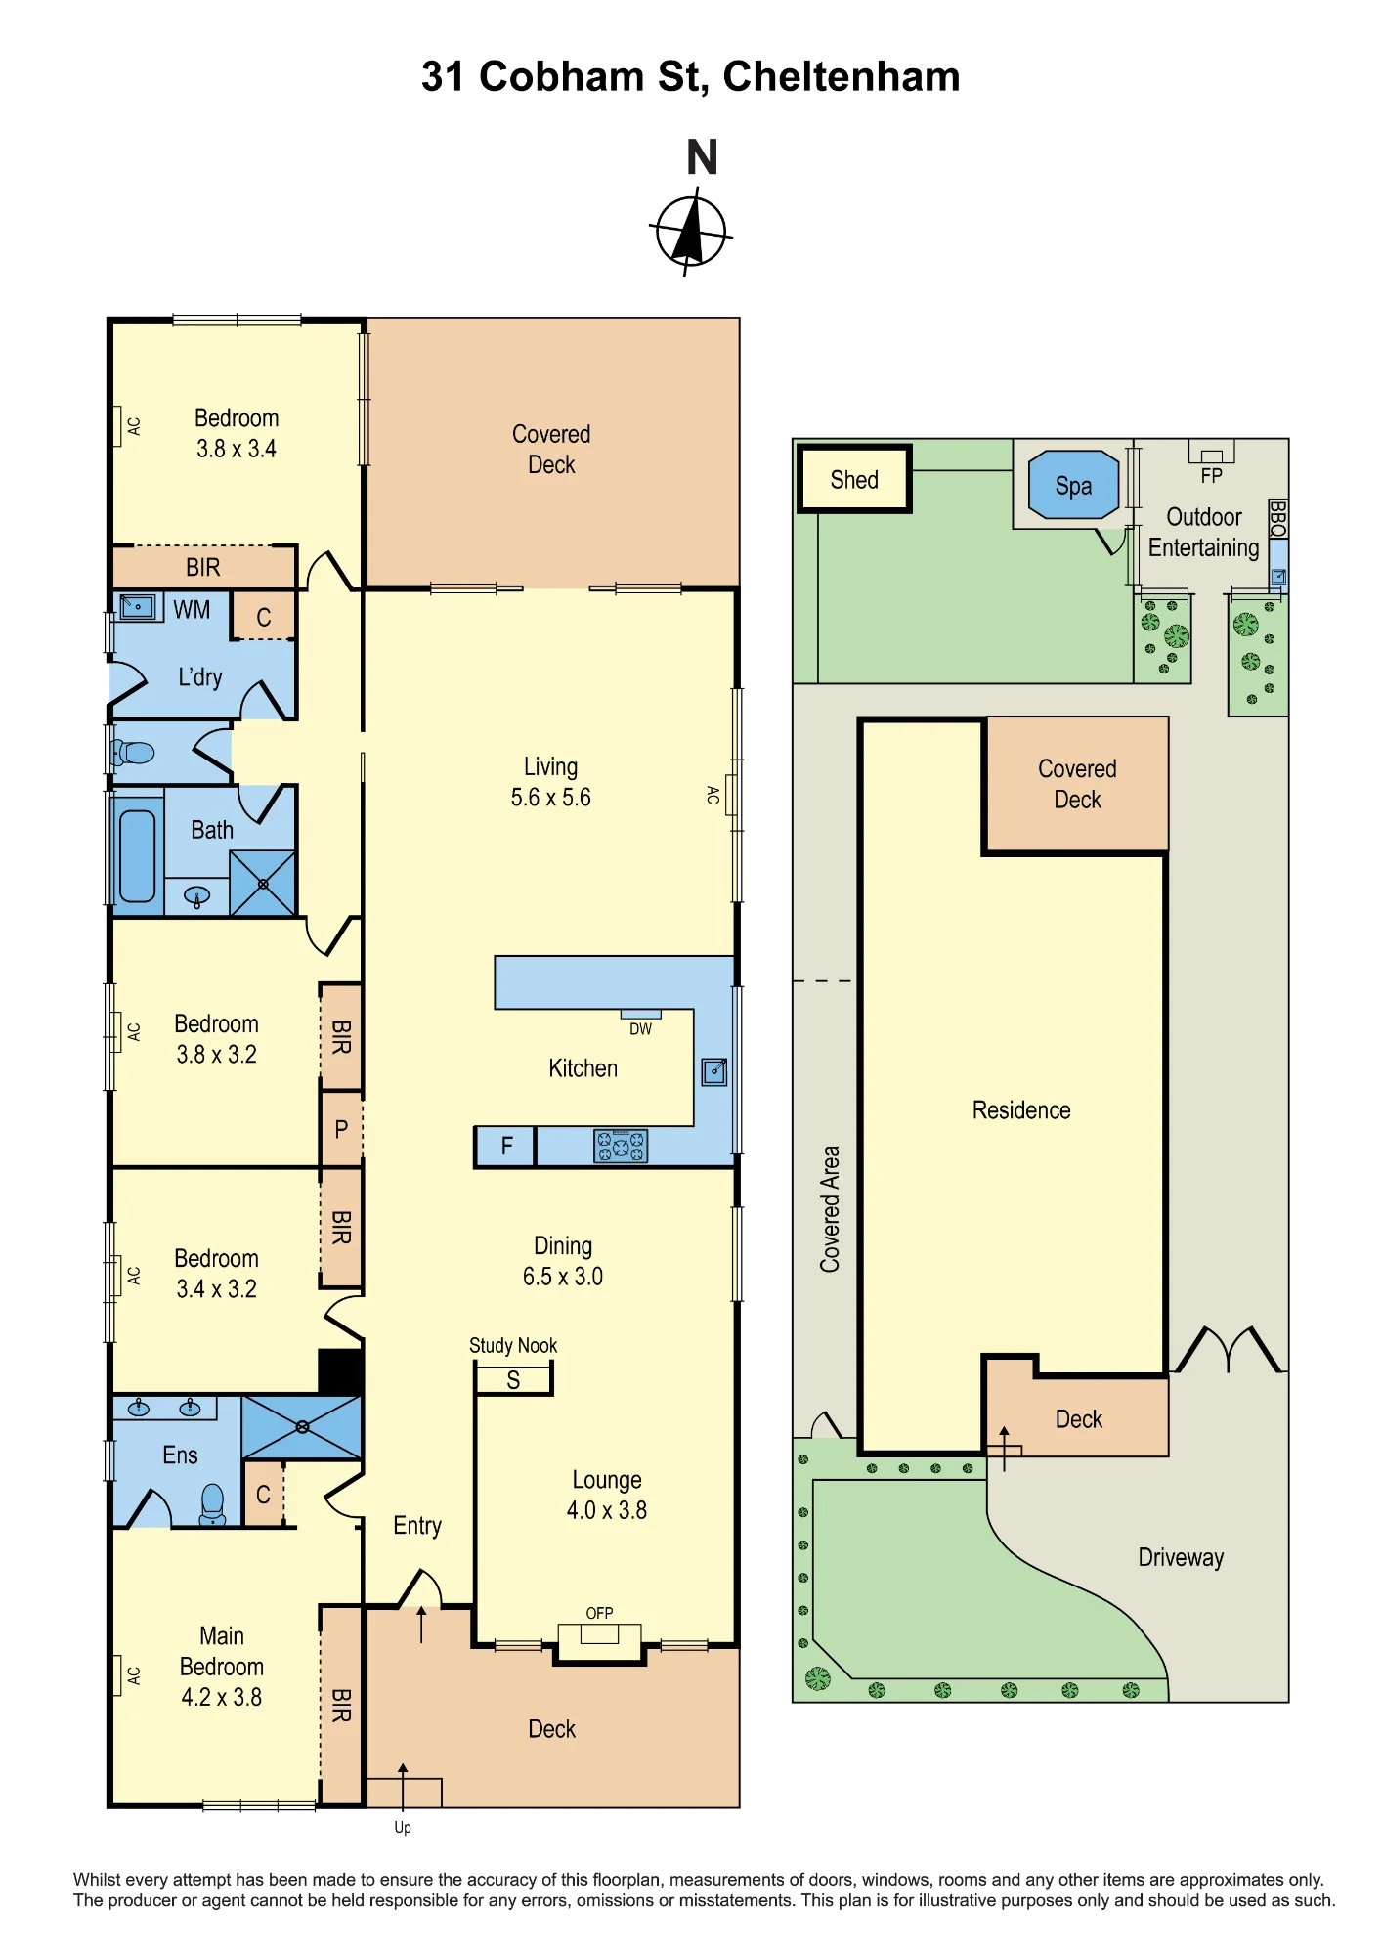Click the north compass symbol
tap(691, 233)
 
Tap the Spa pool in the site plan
tap(1073, 485)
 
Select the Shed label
tap(854, 480)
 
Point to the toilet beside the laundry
tap(133, 753)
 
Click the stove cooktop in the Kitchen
tap(621, 1146)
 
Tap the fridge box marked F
tap(505, 1146)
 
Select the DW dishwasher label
tap(640, 1029)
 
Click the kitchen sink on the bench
tap(714, 1071)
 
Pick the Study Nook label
tap(513, 1345)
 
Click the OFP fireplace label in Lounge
tap(599, 1613)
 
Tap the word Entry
tap(417, 1526)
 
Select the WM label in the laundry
tap(192, 610)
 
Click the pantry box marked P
tap(341, 1129)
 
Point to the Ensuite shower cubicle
tap(302, 1427)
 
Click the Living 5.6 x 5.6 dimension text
tap(550, 798)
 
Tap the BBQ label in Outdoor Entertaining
tap(1277, 518)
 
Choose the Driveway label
tap(1181, 1557)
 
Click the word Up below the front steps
tap(403, 1827)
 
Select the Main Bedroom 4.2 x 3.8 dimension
tap(222, 1697)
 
